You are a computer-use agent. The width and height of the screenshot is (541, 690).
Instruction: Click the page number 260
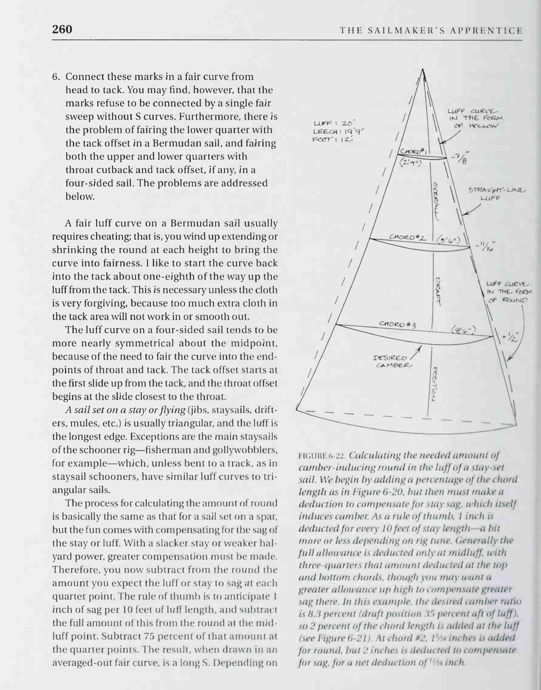[62, 30]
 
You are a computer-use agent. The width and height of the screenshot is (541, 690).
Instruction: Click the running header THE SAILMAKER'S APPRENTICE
[431, 31]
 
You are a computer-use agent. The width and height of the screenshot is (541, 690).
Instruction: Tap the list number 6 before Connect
[56, 76]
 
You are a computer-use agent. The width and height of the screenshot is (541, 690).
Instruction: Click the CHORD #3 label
[397, 324]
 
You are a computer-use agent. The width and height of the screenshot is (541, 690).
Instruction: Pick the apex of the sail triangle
[422, 69]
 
